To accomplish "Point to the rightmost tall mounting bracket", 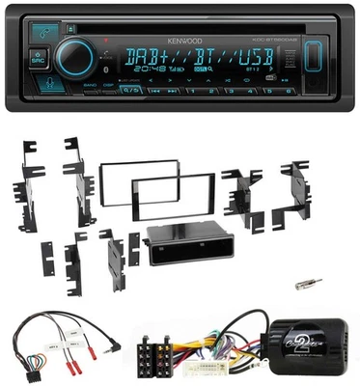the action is [298, 193].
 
